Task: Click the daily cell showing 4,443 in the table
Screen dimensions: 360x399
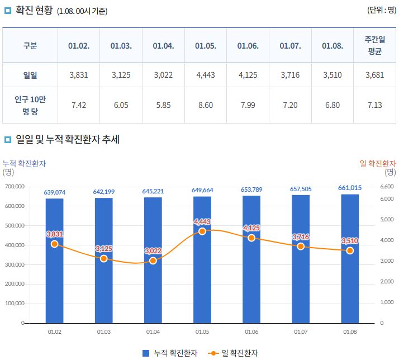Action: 206,75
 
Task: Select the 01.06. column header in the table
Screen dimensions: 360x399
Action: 248,46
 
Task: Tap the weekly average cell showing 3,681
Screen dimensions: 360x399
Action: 374,75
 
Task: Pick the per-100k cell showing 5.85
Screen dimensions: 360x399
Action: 163,105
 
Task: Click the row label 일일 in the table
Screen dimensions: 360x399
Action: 30,75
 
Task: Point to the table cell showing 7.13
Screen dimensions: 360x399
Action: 374,105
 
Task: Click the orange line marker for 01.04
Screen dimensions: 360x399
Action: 153,260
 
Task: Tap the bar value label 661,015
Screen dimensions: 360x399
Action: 350,188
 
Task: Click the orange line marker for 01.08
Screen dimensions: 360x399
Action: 350,250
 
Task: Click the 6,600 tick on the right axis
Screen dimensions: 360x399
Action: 387,187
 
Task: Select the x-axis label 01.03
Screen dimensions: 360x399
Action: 104,331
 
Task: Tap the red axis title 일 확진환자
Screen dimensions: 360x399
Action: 378,163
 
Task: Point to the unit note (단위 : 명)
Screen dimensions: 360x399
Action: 381,10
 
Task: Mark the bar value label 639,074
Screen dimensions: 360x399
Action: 55,192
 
